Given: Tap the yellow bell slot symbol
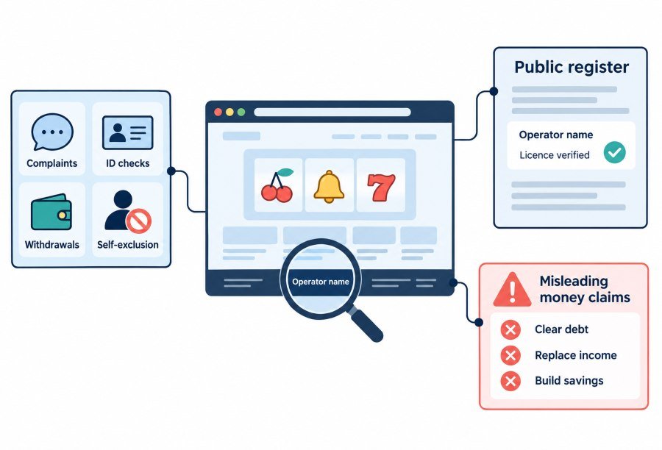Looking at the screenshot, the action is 329,187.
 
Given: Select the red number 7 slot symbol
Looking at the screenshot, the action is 381,187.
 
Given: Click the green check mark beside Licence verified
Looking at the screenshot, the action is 614,152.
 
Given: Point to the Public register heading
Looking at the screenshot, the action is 572,67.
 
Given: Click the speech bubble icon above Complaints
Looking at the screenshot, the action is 52,132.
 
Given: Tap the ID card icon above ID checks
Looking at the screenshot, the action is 127,132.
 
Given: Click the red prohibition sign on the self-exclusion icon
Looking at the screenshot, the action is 139,221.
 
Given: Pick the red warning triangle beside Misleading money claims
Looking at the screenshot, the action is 512,290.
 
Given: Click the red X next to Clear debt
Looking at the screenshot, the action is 510,329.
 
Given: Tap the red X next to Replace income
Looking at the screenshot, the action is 510,355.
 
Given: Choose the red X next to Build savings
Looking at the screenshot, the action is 510,381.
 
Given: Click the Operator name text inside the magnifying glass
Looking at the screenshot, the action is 321,282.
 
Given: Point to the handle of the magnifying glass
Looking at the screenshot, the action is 365,324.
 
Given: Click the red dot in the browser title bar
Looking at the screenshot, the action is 218,112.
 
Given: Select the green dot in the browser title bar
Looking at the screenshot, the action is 241,112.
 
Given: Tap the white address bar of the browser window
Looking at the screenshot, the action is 332,112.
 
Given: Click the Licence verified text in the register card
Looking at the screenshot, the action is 555,155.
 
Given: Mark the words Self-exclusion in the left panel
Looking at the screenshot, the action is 128,245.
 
